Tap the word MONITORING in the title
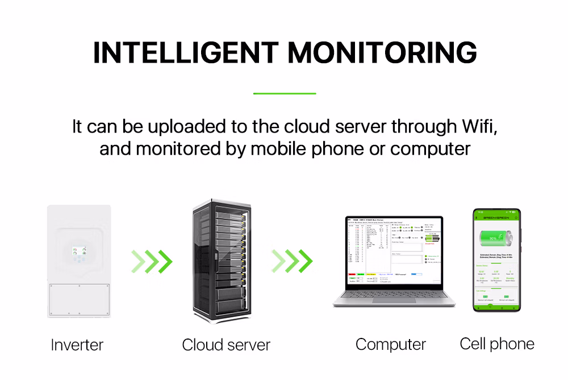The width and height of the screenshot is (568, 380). (382, 53)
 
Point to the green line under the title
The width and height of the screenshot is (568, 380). (284, 93)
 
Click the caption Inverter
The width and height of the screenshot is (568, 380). (77, 345)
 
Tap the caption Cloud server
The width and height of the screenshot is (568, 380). (226, 345)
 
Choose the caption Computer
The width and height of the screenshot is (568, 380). (391, 344)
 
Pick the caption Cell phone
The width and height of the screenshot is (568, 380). (497, 344)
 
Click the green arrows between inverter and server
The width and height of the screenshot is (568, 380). (152, 261)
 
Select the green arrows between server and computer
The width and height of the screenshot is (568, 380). (291, 261)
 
